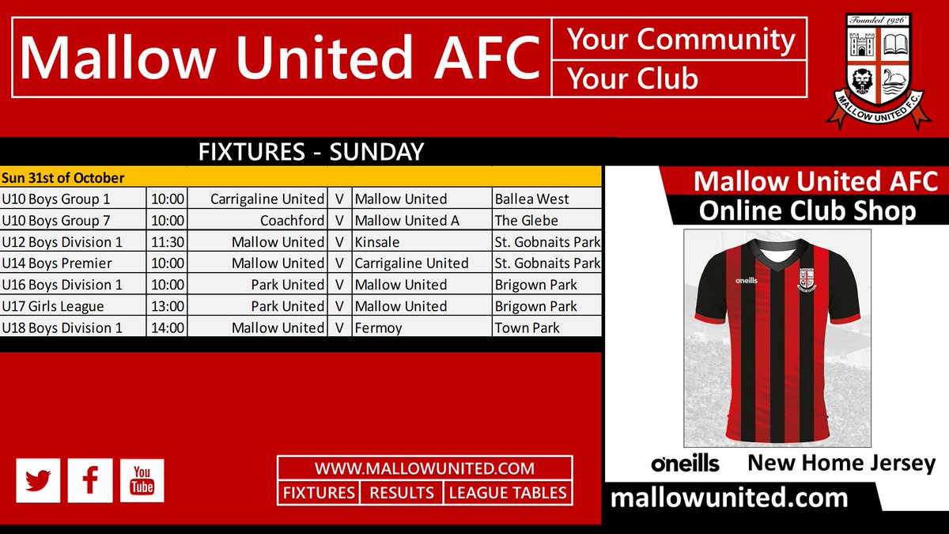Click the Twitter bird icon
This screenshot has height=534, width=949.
coord(37,480)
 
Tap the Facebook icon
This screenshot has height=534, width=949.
coord(89,480)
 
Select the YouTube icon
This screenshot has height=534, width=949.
coord(142,480)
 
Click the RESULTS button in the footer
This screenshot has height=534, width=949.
coord(402,493)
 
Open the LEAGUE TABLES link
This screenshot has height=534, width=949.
coord(508,493)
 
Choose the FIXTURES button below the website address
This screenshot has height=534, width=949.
coord(319,493)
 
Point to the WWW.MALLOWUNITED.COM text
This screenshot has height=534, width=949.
coord(424,468)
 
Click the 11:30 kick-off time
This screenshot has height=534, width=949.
coord(167,242)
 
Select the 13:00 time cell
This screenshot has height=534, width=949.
coord(167,306)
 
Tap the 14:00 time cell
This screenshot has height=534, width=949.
coord(167,328)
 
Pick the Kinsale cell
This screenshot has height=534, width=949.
coord(377,242)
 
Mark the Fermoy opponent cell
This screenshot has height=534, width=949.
coord(378,328)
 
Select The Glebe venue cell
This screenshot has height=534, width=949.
coord(527,221)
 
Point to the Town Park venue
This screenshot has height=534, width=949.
coord(527,328)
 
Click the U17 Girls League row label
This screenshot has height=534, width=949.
coord(53,306)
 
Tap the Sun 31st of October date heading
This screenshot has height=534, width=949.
coord(62,178)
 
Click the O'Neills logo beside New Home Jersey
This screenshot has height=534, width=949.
coord(685,464)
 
